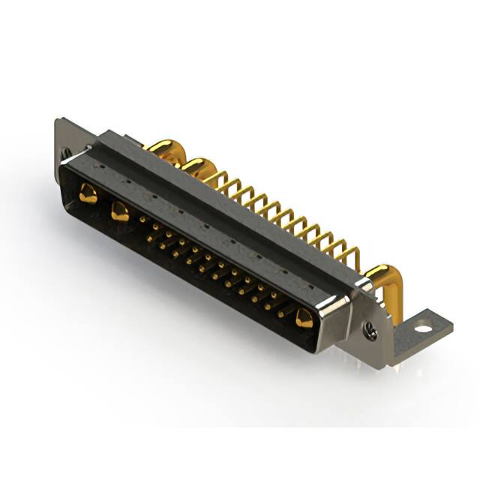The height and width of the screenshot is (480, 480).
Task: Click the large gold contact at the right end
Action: coord(304,319)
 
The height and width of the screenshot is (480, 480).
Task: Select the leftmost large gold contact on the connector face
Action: coord(88,193)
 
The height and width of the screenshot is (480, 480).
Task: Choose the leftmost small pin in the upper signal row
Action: coord(142,220)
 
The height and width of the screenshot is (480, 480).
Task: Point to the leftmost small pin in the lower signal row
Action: coord(149,238)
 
